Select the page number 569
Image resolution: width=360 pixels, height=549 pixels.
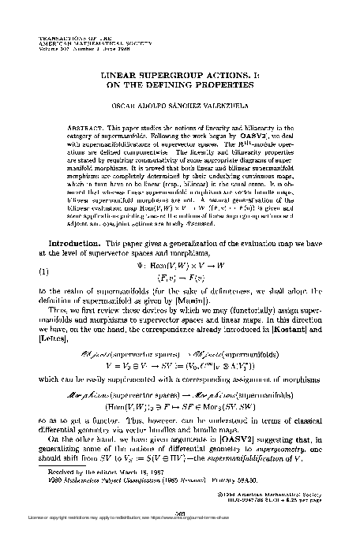tap(180, 510)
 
